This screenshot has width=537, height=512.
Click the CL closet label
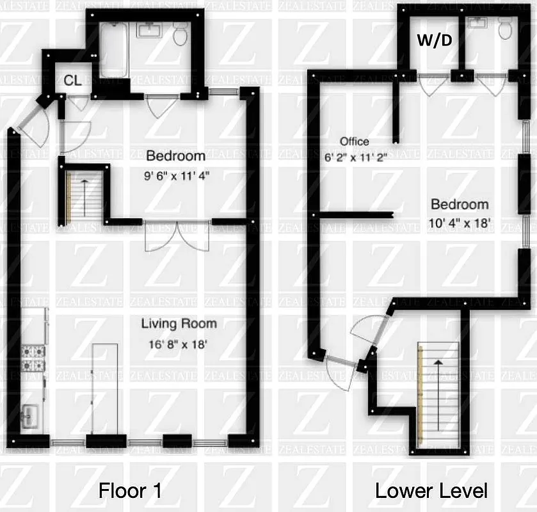[72, 81]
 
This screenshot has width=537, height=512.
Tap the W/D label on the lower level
[435, 40]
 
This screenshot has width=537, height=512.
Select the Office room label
[354, 141]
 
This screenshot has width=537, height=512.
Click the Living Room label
[179, 323]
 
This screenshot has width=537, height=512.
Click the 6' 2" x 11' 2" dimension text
[355, 157]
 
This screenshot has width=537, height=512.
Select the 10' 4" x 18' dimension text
[460, 225]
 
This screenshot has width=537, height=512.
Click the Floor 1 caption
[130, 491]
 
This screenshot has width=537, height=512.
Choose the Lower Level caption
[431, 491]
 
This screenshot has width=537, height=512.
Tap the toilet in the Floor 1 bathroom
[180, 35]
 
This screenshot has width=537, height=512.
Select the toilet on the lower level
[505, 28]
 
